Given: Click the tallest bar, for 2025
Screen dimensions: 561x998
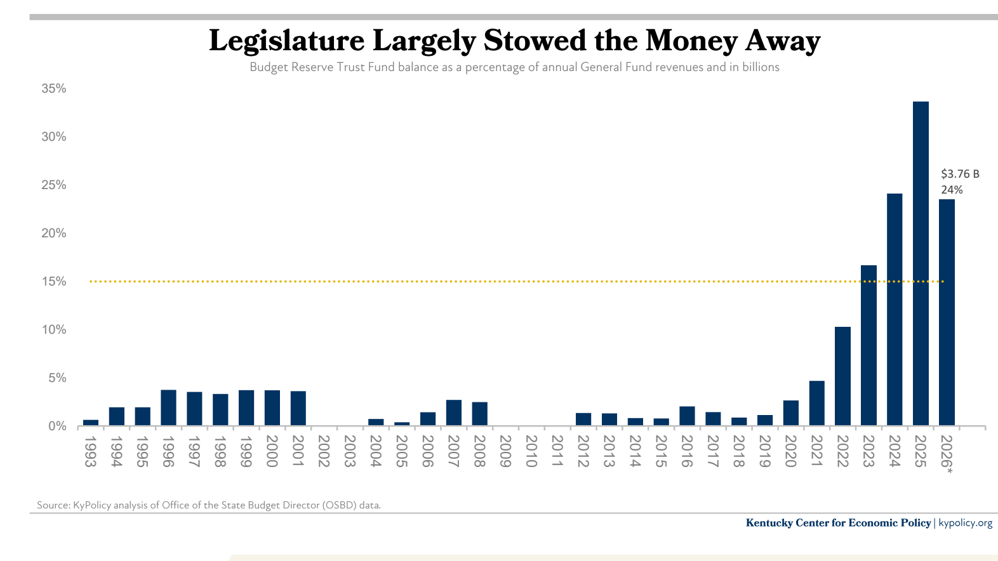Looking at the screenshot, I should (921, 263).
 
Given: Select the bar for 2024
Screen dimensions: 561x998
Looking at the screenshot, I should (895, 309).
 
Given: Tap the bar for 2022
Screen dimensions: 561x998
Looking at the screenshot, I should (842, 376).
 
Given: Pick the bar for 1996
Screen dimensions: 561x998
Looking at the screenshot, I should (168, 407).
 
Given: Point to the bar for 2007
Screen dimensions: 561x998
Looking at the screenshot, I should (453, 412).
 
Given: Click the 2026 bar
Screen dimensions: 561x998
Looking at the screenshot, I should (947, 312).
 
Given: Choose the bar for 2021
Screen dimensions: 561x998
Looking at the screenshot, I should (816, 403).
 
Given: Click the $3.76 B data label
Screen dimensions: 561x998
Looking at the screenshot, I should (960, 174).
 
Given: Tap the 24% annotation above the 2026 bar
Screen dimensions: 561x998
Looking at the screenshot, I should (952, 190).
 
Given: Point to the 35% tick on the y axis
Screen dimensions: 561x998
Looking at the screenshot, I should (54, 89).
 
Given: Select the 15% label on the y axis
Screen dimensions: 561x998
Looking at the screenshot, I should (54, 282).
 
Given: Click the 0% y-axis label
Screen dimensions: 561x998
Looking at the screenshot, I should (57, 426).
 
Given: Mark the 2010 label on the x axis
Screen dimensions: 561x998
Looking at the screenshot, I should (531, 451).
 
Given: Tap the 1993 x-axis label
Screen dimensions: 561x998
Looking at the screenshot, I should (90, 451).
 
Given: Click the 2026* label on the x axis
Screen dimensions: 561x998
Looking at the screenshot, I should (947, 453).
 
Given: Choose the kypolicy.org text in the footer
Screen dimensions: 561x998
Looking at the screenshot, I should (965, 523).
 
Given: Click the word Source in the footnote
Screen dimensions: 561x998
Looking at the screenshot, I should (53, 505).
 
